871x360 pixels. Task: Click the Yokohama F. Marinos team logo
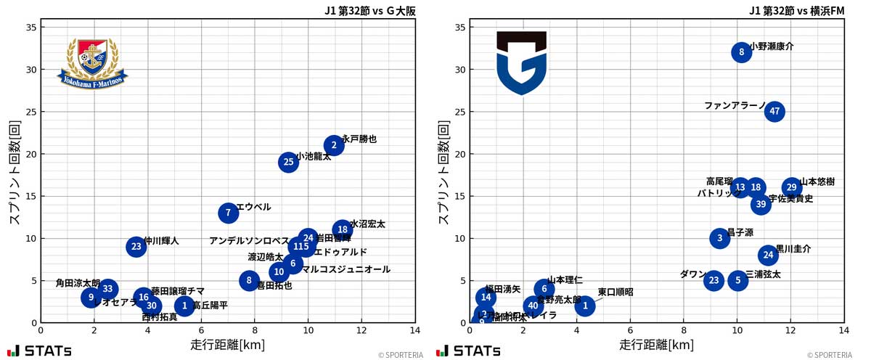point(92,62)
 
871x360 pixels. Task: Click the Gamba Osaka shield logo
point(521,62)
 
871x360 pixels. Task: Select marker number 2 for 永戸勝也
point(334,145)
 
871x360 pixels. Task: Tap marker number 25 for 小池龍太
point(289,162)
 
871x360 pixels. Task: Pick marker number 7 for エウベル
point(229,213)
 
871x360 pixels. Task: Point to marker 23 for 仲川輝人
point(136,247)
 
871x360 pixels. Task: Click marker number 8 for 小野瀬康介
point(741,52)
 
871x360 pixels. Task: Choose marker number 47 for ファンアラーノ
point(774,111)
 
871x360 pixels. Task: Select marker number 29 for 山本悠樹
point(792,188)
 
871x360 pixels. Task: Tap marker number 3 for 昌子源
point(719,238)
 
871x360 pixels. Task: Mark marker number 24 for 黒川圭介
point(768,255)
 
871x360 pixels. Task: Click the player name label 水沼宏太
point(367,224)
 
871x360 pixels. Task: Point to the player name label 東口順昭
point(616,292)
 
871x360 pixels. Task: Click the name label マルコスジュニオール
point(345,269)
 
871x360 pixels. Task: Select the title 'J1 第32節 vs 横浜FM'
point(796,11)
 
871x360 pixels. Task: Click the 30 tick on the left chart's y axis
point(30,70)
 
